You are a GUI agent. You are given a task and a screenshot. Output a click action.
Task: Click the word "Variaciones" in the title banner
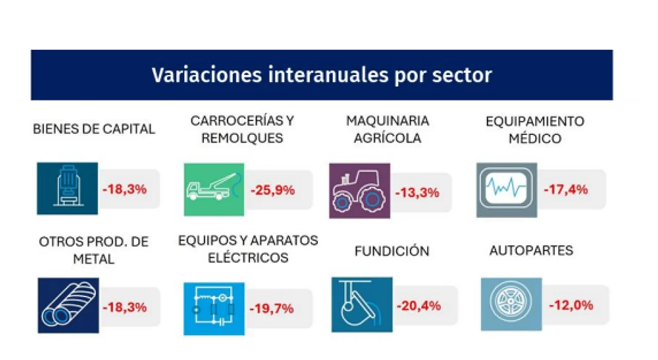(x=207, y=75)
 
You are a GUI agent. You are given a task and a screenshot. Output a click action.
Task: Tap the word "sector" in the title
(x=462, y=76)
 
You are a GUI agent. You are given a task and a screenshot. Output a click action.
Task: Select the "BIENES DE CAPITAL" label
(x=94, y=129)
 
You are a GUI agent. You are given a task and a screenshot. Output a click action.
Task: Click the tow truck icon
(x=214, y=190)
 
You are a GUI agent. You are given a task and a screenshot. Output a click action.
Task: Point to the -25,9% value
(x=272, y=190)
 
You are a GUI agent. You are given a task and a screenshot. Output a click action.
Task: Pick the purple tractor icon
(x=359, y=191)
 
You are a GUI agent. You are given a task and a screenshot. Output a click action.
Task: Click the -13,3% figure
(x=417, y=193)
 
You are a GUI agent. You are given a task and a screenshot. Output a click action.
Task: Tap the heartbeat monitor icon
(x=507, y=190)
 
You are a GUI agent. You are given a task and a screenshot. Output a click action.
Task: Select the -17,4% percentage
(x=566, y=189)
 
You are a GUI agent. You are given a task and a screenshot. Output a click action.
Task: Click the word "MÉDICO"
(x=535, y=138)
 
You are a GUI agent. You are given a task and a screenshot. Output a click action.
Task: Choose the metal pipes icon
(x=68, y=305)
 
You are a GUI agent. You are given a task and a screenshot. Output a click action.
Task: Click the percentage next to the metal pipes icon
(x=124, y=308)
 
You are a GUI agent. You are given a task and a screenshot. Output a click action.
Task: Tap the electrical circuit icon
(x=214, y=309)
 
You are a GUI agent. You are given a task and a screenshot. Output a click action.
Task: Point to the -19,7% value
(x=271, y=309)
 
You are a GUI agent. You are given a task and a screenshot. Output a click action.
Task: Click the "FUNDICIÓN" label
(x=392, y=251)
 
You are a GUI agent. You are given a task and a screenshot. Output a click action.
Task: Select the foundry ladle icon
(x=362, y=305)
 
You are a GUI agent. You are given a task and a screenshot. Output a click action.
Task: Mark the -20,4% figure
(x=419, y=305)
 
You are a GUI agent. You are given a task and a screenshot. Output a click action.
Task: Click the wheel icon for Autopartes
(x=511, y=304)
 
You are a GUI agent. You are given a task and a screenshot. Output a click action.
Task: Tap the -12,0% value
(x=571, y=305)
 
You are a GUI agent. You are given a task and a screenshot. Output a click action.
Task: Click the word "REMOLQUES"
(x=242, y=138)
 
